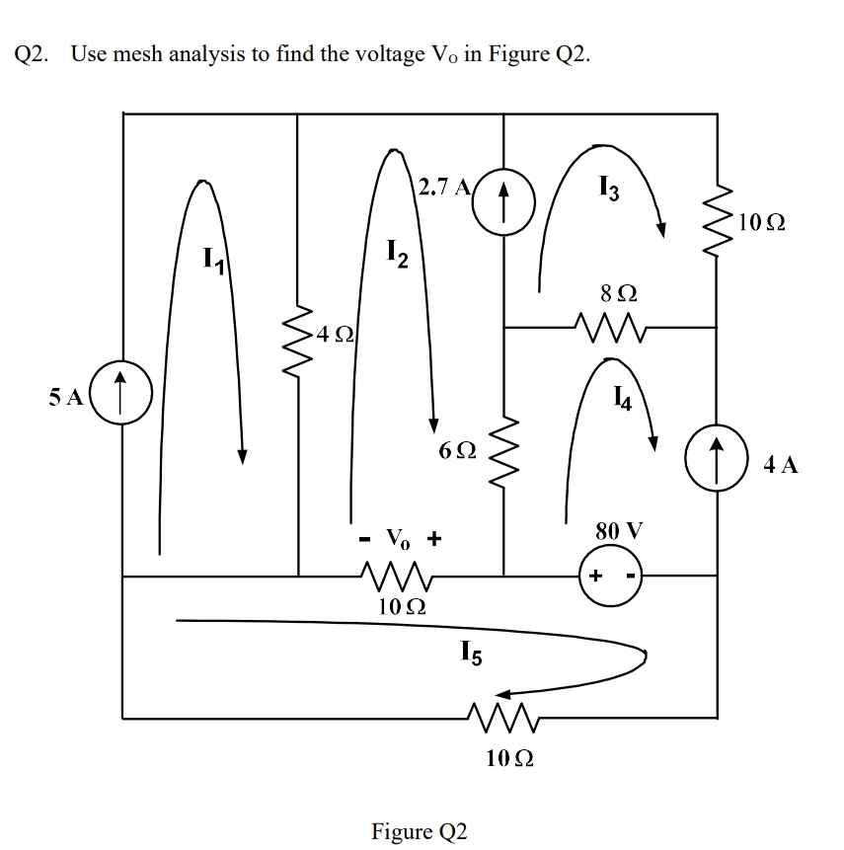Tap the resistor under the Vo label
pos(400,576)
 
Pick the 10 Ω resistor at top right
pos(716,218)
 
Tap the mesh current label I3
pos(609,184)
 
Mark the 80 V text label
pos(618,531)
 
